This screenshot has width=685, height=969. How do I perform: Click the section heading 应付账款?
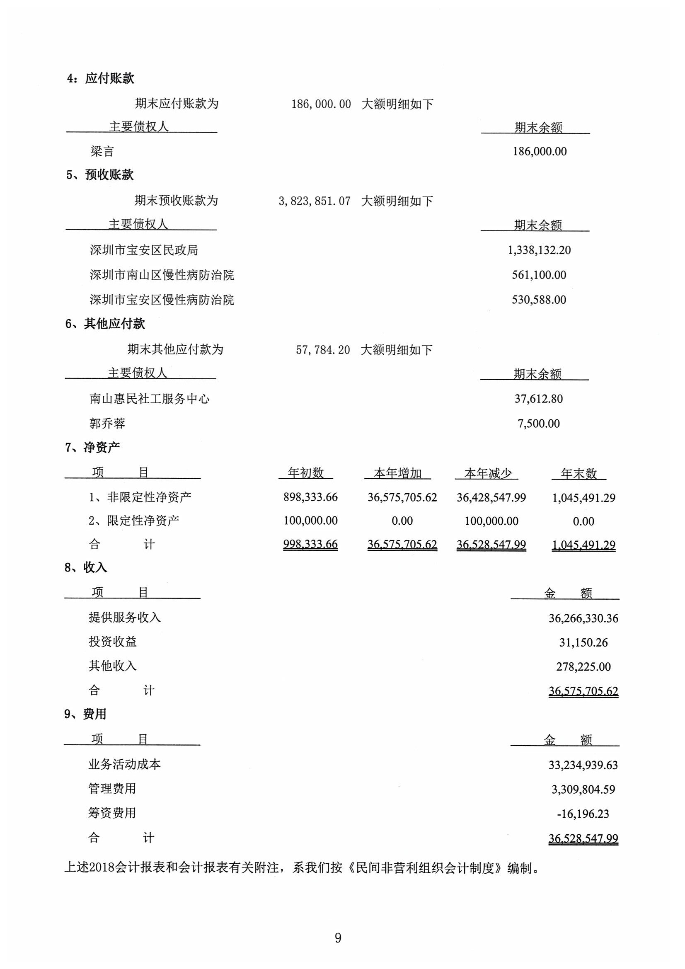(109, 78)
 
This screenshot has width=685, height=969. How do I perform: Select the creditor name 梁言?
(102, 152)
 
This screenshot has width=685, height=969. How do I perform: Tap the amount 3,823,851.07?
(315, 201)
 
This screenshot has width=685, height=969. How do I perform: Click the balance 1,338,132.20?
(539, 250)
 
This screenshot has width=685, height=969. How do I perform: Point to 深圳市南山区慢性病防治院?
(162, 275)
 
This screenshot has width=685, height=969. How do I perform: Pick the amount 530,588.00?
(539, 300)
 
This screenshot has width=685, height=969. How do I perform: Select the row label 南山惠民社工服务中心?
(150, 399)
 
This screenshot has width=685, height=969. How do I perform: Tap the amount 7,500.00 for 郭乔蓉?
(539, 424)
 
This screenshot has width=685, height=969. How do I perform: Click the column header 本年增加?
(397, 474)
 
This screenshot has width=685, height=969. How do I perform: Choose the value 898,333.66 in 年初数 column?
(310, 497)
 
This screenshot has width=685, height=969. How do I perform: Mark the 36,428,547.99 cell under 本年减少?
(491, 498)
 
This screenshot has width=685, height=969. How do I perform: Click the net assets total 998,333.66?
(310, 545)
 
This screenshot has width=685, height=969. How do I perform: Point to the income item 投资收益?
(112, 642)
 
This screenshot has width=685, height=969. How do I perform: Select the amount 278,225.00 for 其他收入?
(583, 667)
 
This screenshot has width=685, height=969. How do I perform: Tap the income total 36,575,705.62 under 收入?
(583, 691)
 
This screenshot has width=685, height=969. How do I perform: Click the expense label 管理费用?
(112, 789)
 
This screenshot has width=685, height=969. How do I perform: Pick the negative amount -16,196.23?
(583, 814)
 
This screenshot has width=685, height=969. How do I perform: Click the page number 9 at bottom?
(338, 938)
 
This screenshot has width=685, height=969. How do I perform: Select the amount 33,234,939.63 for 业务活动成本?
(583, 765)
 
